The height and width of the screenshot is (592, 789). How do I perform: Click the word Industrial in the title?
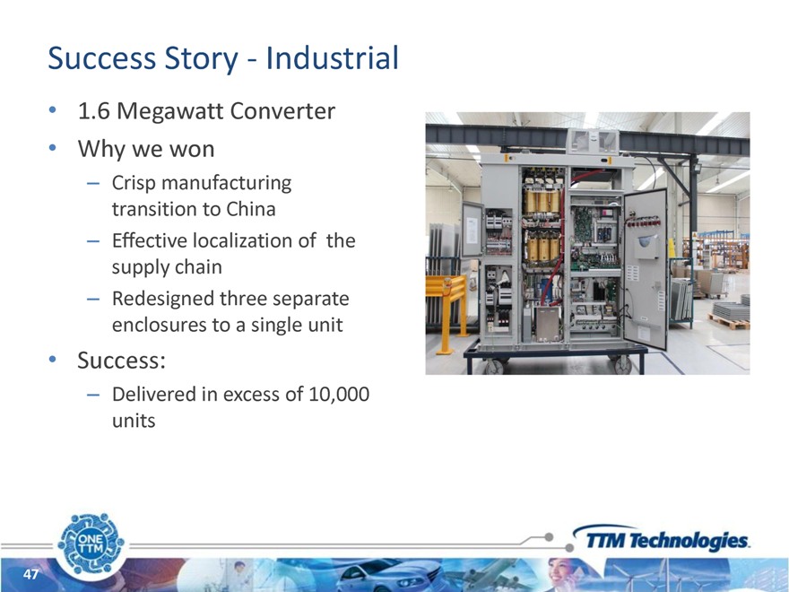(332, 57)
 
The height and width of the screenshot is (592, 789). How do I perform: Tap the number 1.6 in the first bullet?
(93, 111)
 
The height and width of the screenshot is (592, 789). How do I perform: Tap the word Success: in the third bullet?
(121, 361)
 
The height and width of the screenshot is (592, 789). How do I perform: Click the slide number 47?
(30, 574)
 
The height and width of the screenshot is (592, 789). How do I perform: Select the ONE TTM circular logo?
(91, 544)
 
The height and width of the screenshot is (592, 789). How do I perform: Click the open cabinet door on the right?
(645, 268)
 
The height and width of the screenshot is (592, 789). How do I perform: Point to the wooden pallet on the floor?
(729, 322)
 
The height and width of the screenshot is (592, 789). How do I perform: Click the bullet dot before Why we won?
(52, 149)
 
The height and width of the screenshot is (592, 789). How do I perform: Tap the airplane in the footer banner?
(486, 571)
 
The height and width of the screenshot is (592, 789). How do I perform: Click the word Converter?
(282, 111)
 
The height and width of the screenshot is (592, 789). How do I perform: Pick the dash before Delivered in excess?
(93, 396)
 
